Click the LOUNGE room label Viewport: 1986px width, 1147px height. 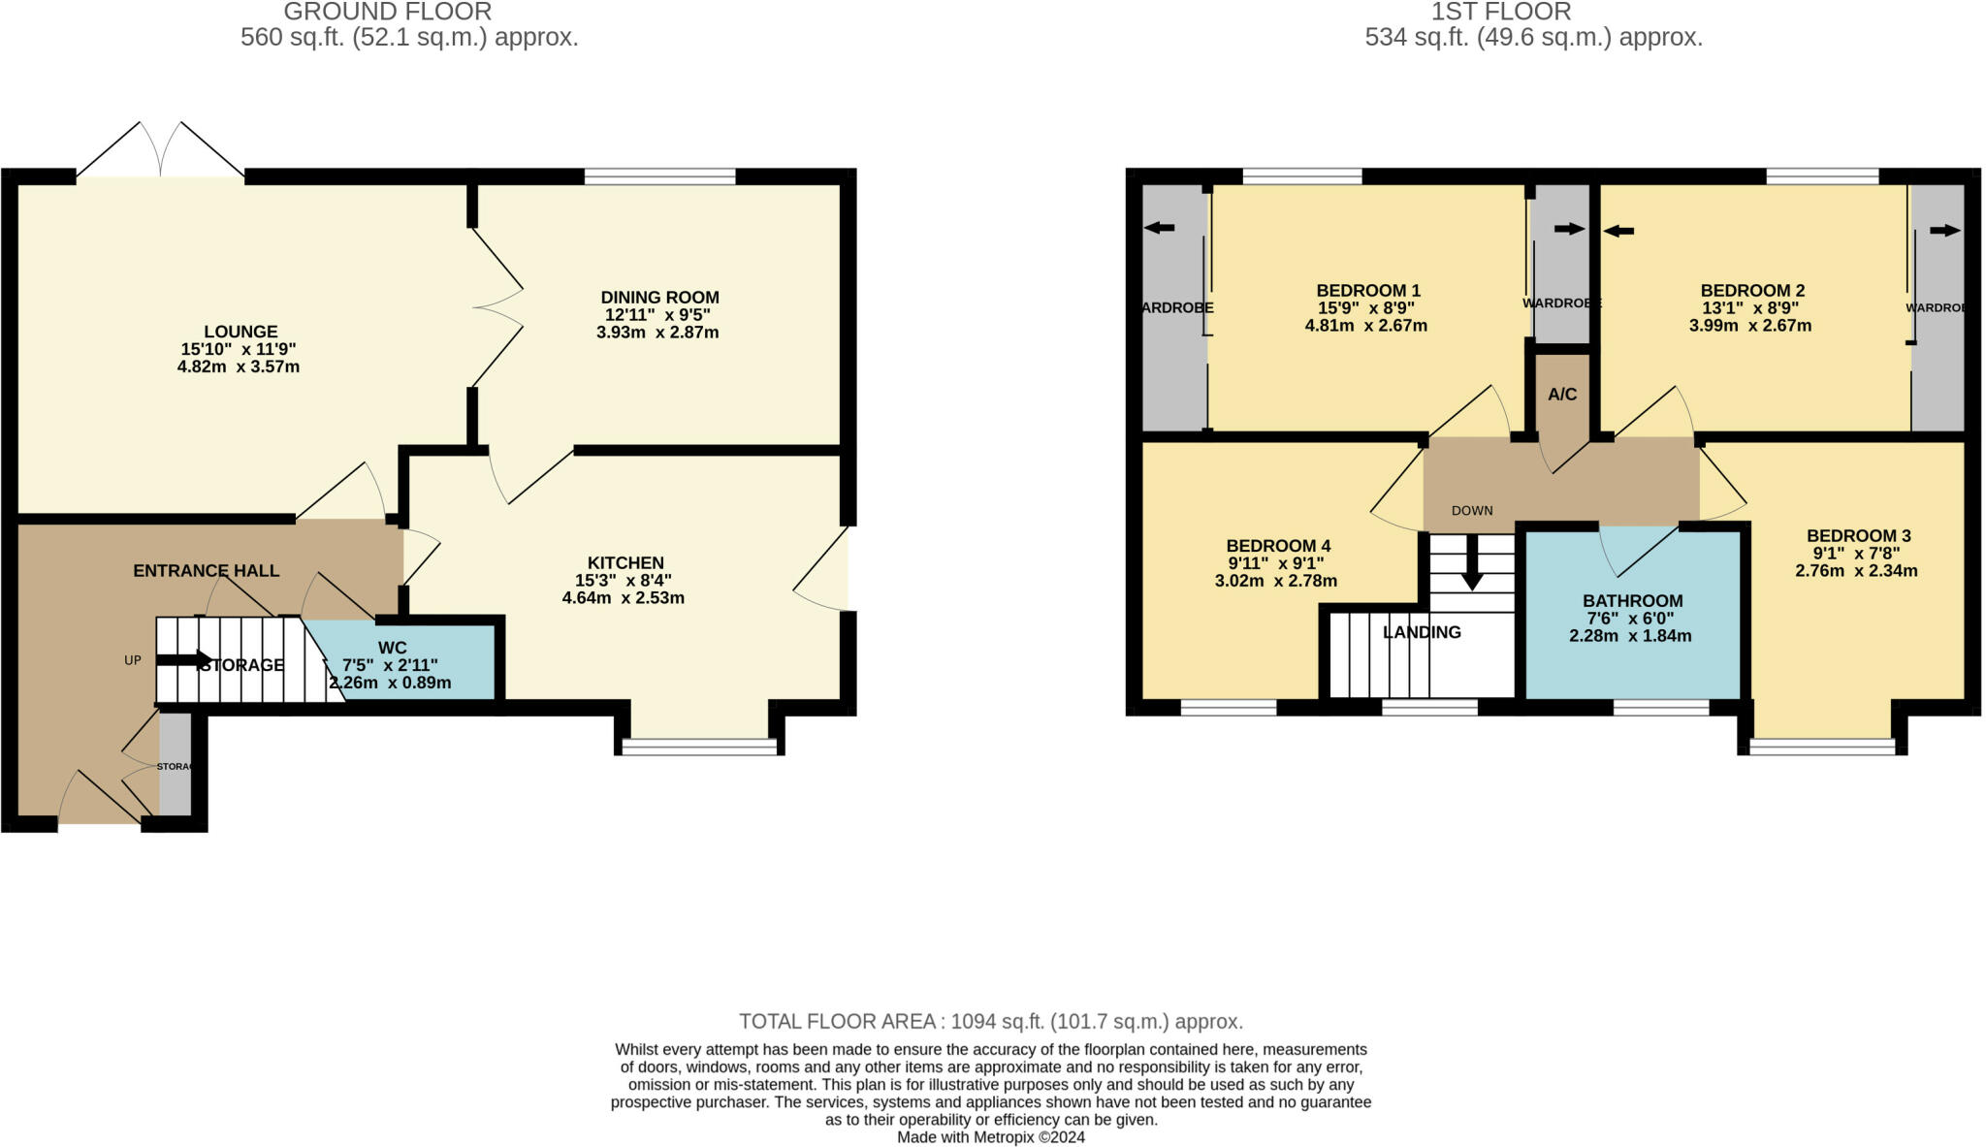(240, 332)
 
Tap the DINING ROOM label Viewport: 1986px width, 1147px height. (659, 298)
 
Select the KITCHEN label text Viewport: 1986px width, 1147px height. (625, 562)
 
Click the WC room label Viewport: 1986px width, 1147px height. (393, 648)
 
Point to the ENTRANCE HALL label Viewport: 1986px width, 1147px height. (206, 571)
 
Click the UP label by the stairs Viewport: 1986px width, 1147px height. (133, 660)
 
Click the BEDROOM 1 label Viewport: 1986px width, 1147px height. (1367, 291)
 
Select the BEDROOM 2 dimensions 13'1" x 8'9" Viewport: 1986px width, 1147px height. (1750, 308)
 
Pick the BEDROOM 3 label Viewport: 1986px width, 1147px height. (1858, 536)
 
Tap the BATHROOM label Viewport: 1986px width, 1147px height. (1632, 601)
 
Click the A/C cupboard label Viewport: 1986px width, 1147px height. (1562, 395)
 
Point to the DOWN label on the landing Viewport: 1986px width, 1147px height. (1471, 511)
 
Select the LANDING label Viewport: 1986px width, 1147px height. (1422, 632)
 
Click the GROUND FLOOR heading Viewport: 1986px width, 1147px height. (387, 13)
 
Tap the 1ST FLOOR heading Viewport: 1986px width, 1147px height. (1500, 13)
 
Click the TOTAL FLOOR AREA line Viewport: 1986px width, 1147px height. (990, 1021)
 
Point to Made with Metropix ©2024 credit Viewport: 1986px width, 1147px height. (990, 1137)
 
